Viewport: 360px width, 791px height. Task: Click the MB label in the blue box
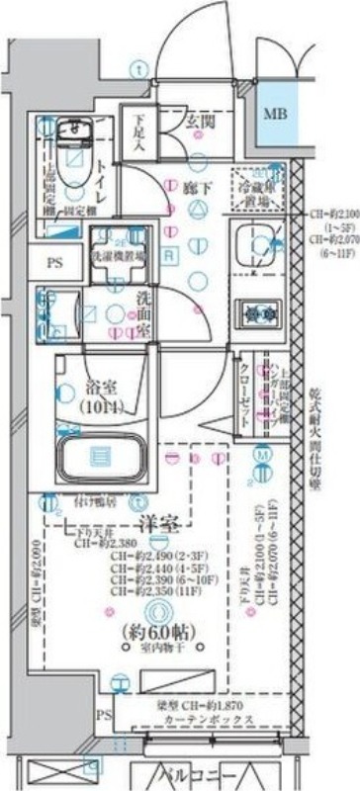[x=276, y=113]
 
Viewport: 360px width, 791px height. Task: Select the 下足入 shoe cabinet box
[x=139, y=133]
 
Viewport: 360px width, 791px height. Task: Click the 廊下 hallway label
[x=198, y=185]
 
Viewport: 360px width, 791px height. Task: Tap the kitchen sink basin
[x=259, y=247]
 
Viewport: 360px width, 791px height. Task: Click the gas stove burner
[x=261, y=313]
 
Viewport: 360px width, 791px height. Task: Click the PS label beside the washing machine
[x=52, y=263]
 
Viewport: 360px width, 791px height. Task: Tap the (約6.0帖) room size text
[x=157, y=632]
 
